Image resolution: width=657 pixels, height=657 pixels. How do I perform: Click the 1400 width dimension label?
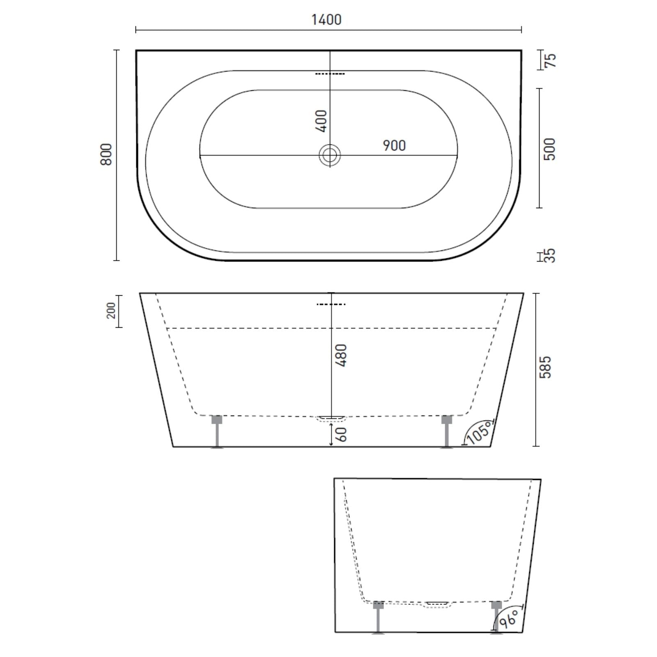point(326,19)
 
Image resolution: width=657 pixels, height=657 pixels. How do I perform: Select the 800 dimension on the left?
point(106,154)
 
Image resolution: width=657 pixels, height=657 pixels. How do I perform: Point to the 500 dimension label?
point(549,149)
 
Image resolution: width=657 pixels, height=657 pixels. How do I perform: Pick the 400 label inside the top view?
point(322,121)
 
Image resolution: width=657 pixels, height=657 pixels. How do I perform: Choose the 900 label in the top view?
point(394,145)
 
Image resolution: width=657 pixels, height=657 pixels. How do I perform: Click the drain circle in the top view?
point(329,155)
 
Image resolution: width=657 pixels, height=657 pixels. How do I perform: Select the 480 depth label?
point(342,355)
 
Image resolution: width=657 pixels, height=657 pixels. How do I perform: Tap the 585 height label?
point(546,367)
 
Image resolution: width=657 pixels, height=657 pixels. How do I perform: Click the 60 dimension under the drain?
point(342,434)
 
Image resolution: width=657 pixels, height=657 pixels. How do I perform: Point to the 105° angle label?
point(480,432)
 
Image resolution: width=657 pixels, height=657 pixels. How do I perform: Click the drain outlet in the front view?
point(331,418)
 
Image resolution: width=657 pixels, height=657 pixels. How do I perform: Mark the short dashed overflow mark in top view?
point(330,74)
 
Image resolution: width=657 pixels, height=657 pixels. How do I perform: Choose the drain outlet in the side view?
point(437,604)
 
